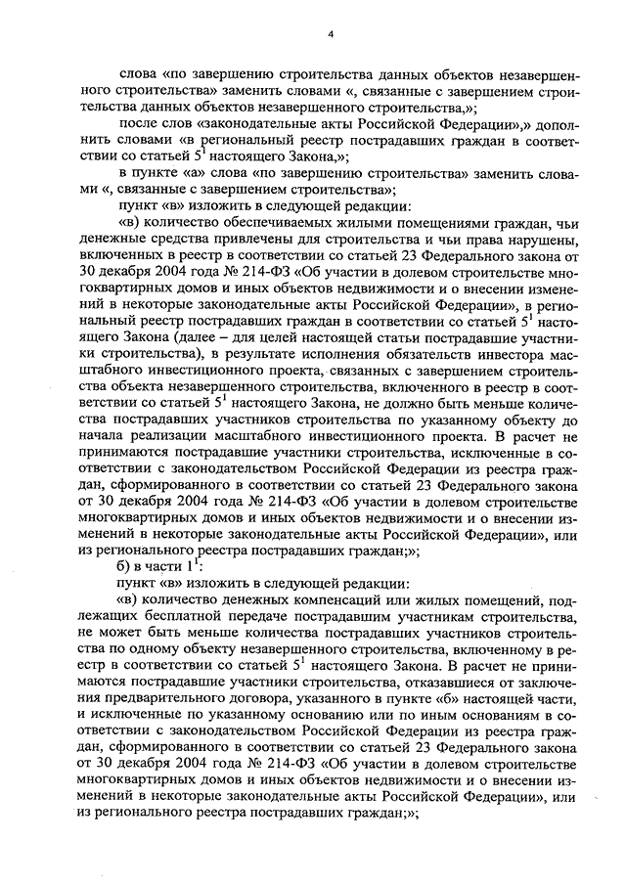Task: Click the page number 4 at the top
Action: (331, 35)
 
